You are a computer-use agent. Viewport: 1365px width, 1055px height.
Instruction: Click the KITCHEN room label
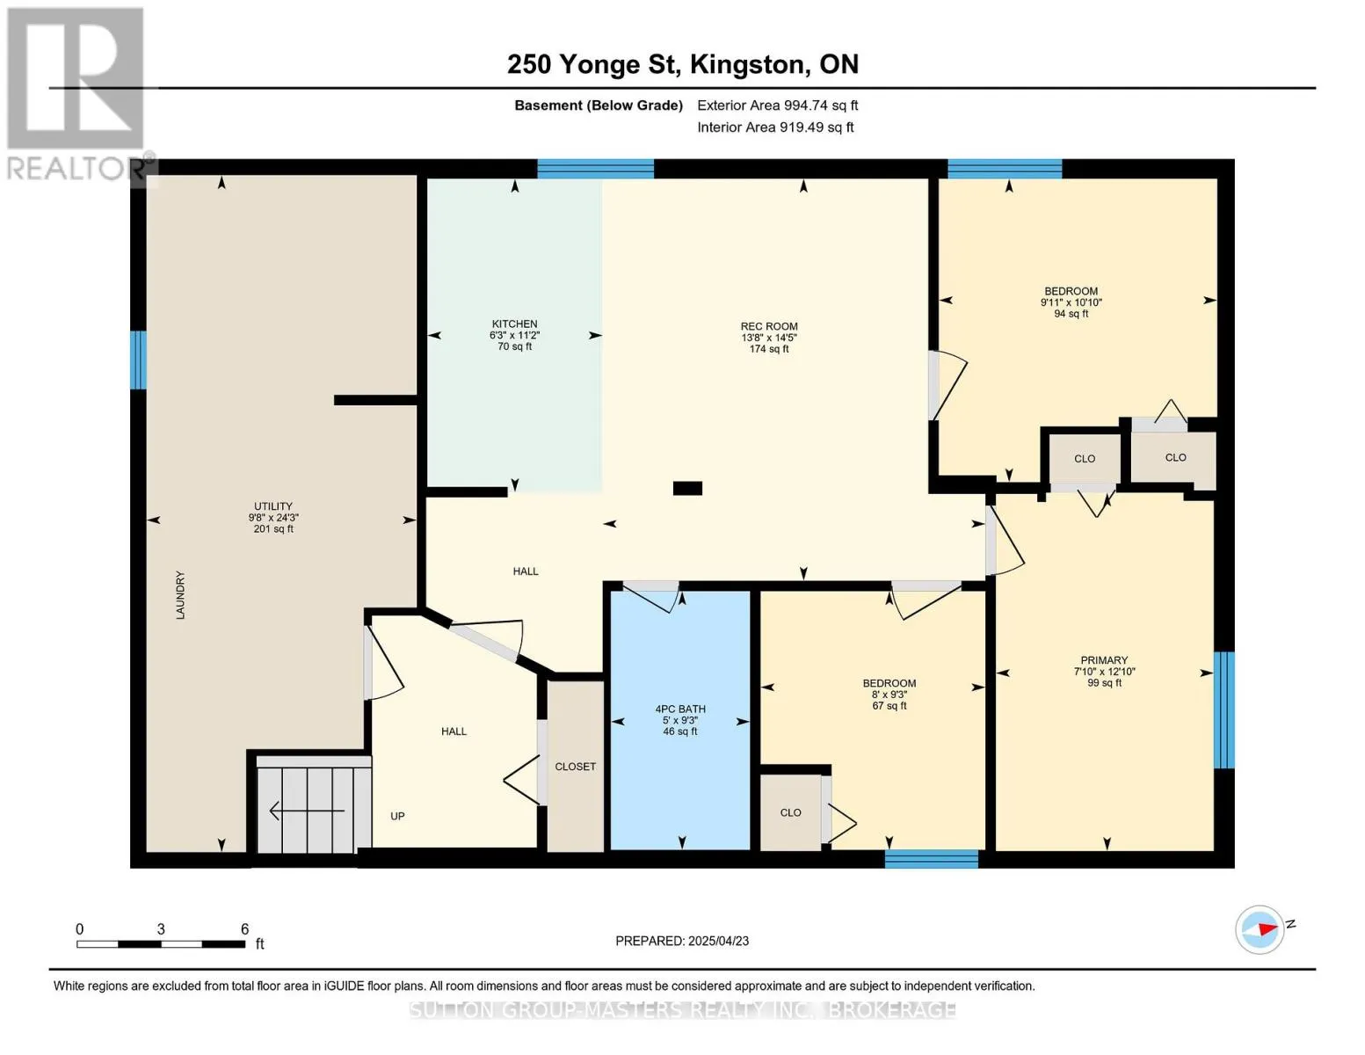[514, 324]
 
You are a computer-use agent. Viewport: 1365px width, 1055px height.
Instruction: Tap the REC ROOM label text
[769, 326]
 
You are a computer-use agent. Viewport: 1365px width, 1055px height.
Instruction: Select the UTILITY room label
[273, 506]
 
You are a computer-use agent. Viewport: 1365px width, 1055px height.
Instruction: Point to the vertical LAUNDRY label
[180, 595]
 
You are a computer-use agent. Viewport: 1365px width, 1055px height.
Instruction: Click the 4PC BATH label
[680, 709]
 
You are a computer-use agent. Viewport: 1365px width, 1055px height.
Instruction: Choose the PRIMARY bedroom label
[1104, 659]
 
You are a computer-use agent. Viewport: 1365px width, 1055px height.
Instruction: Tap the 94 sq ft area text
[1071, 314]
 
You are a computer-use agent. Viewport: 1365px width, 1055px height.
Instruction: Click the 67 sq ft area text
[889, 706]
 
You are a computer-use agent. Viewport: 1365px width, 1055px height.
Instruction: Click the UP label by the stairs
[397, 816]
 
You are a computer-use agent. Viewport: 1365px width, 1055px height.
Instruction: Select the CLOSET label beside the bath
[576, 767]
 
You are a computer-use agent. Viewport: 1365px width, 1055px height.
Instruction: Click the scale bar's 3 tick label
[161, 929]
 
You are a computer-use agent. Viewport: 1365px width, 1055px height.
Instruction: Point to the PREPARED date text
[682, 941]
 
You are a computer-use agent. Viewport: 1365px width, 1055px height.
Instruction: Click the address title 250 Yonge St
[593, 64]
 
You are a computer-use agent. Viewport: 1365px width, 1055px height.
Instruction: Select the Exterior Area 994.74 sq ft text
[778, 105]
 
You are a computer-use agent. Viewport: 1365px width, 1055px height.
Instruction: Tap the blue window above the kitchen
[596, 169]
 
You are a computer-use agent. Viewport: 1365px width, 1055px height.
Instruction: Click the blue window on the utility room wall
[138, 360]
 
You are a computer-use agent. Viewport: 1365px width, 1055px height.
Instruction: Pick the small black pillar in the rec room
[687, 488]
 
